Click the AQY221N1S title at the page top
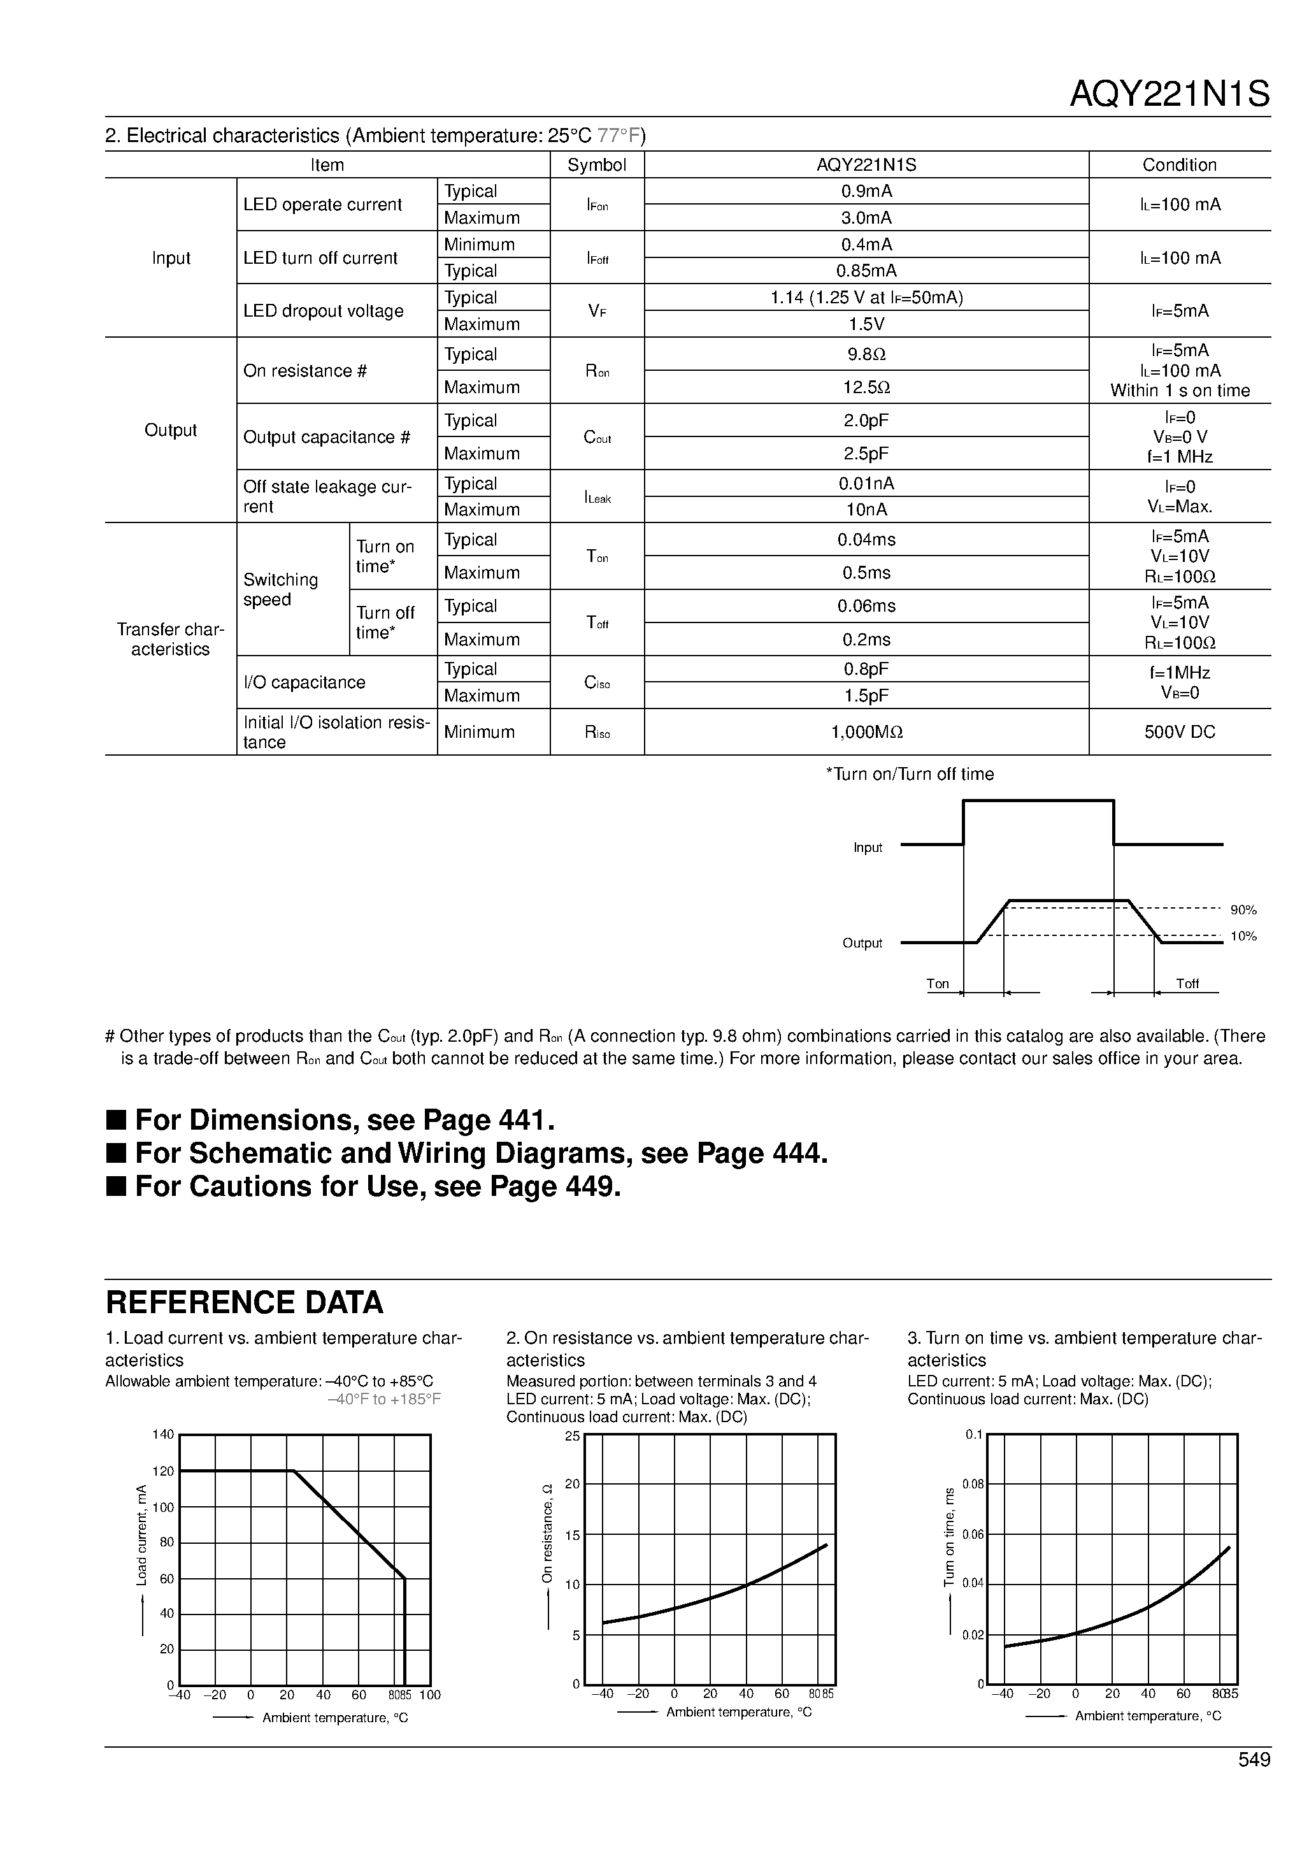pyautogui.click(x=1168, y=95)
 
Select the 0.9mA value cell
pyautogui.click(x=866, y=192)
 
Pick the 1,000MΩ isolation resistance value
pyautogui.click(x=866, y=733)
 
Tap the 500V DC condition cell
pyautogui.click(x=1179, y=733)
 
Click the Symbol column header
pyautogui.click(x=596, y=166)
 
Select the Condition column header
pyautogui.click(x=1179, y=166)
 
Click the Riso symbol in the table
pyautogui.click(x=596, y=733)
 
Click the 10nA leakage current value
pyautogui.click(x=866, y=510)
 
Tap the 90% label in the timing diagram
pyautogui.click(x=1243, y=910)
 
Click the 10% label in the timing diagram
pyautogui.click(x=1243, y=937)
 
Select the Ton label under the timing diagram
pyautogui.click(x=937, y=984)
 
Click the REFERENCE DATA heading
pyautogui.click(x=244, y=1303)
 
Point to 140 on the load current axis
pyautogui.click(x=163, y=1435)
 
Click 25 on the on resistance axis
pyautogui.click(x=572, y=1437)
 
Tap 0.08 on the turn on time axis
pyautogui.click(x=973, y=1485)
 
